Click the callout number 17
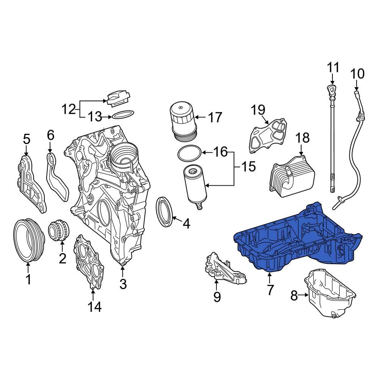pyautogui.click(x=215, y=117)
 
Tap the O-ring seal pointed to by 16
pyautogui.click(x=189, y=153)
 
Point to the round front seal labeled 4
pyautogui.click(x=165, y=212)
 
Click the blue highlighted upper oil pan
pyautogui.click(x=296, y=243)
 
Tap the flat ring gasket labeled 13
pyautogui.click(x=123, y=114)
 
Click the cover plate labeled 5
pyautogui.click(x=31, y=182)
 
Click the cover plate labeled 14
pyautogui.click(x=89, y=262)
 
